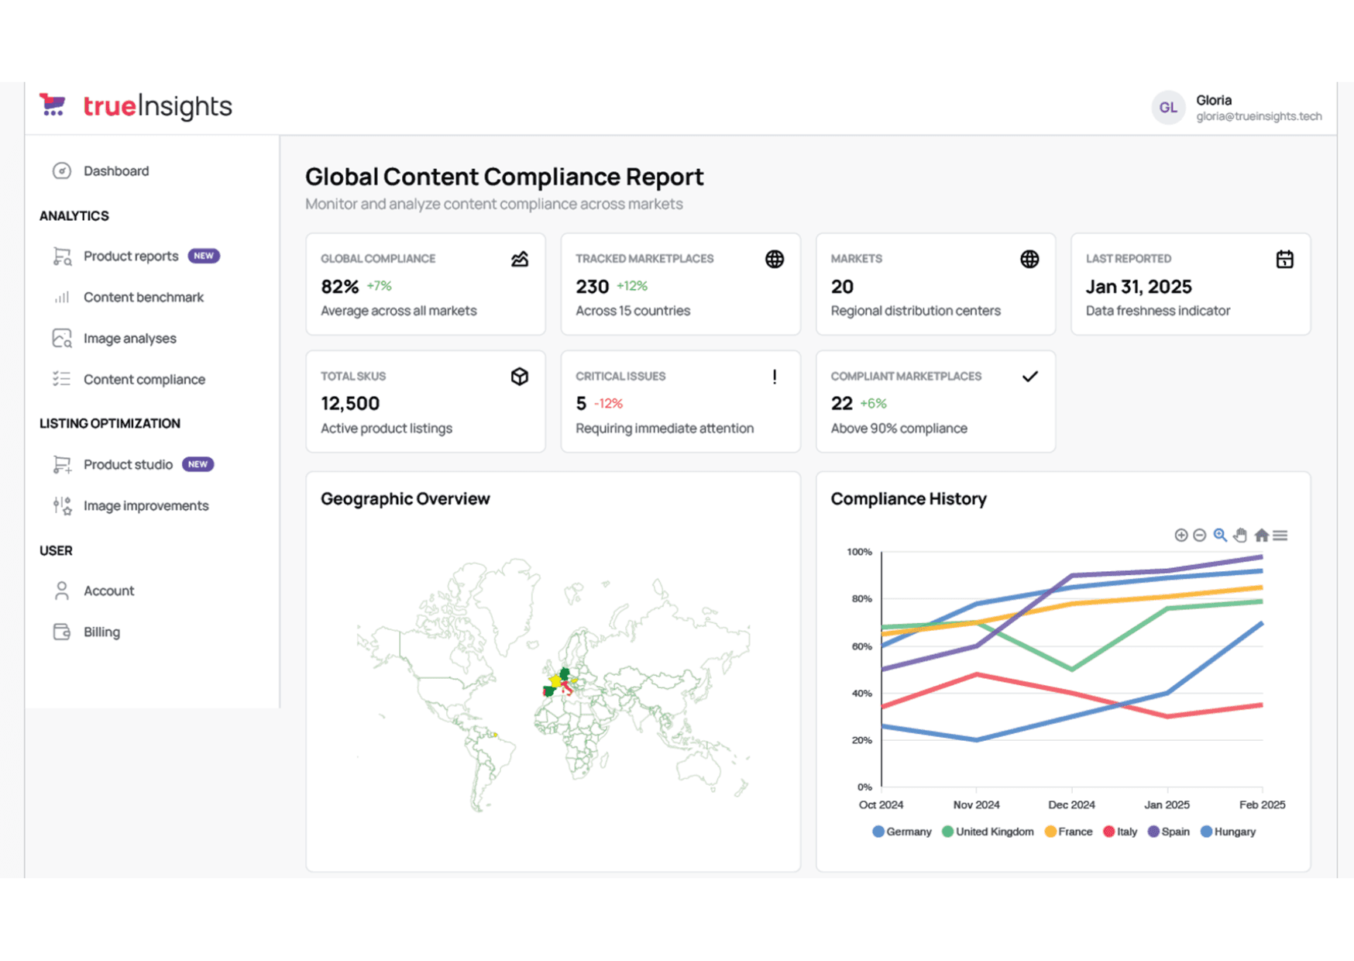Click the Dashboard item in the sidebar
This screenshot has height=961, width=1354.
101,170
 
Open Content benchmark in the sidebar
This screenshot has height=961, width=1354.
129,297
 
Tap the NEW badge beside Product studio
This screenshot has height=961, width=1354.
198,464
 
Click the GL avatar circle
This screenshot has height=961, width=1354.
1168,108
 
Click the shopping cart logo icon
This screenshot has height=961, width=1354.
53,105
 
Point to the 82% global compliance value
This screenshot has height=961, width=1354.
340,287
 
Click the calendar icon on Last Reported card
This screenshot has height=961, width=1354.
1284,259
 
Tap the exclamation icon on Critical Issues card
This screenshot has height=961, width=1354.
775,377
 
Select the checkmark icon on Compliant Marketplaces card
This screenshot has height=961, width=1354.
1029,377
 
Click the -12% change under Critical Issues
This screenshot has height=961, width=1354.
608,404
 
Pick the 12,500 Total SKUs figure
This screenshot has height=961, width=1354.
350,404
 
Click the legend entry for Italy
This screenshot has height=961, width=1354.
1120,832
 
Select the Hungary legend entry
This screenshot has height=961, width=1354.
1228,832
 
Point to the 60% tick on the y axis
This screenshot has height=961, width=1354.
861,646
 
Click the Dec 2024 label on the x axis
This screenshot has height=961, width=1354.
1071,804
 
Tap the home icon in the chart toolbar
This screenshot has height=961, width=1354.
1261,535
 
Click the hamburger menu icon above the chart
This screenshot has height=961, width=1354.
1280,535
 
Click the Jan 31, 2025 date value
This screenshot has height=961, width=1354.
1139,287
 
